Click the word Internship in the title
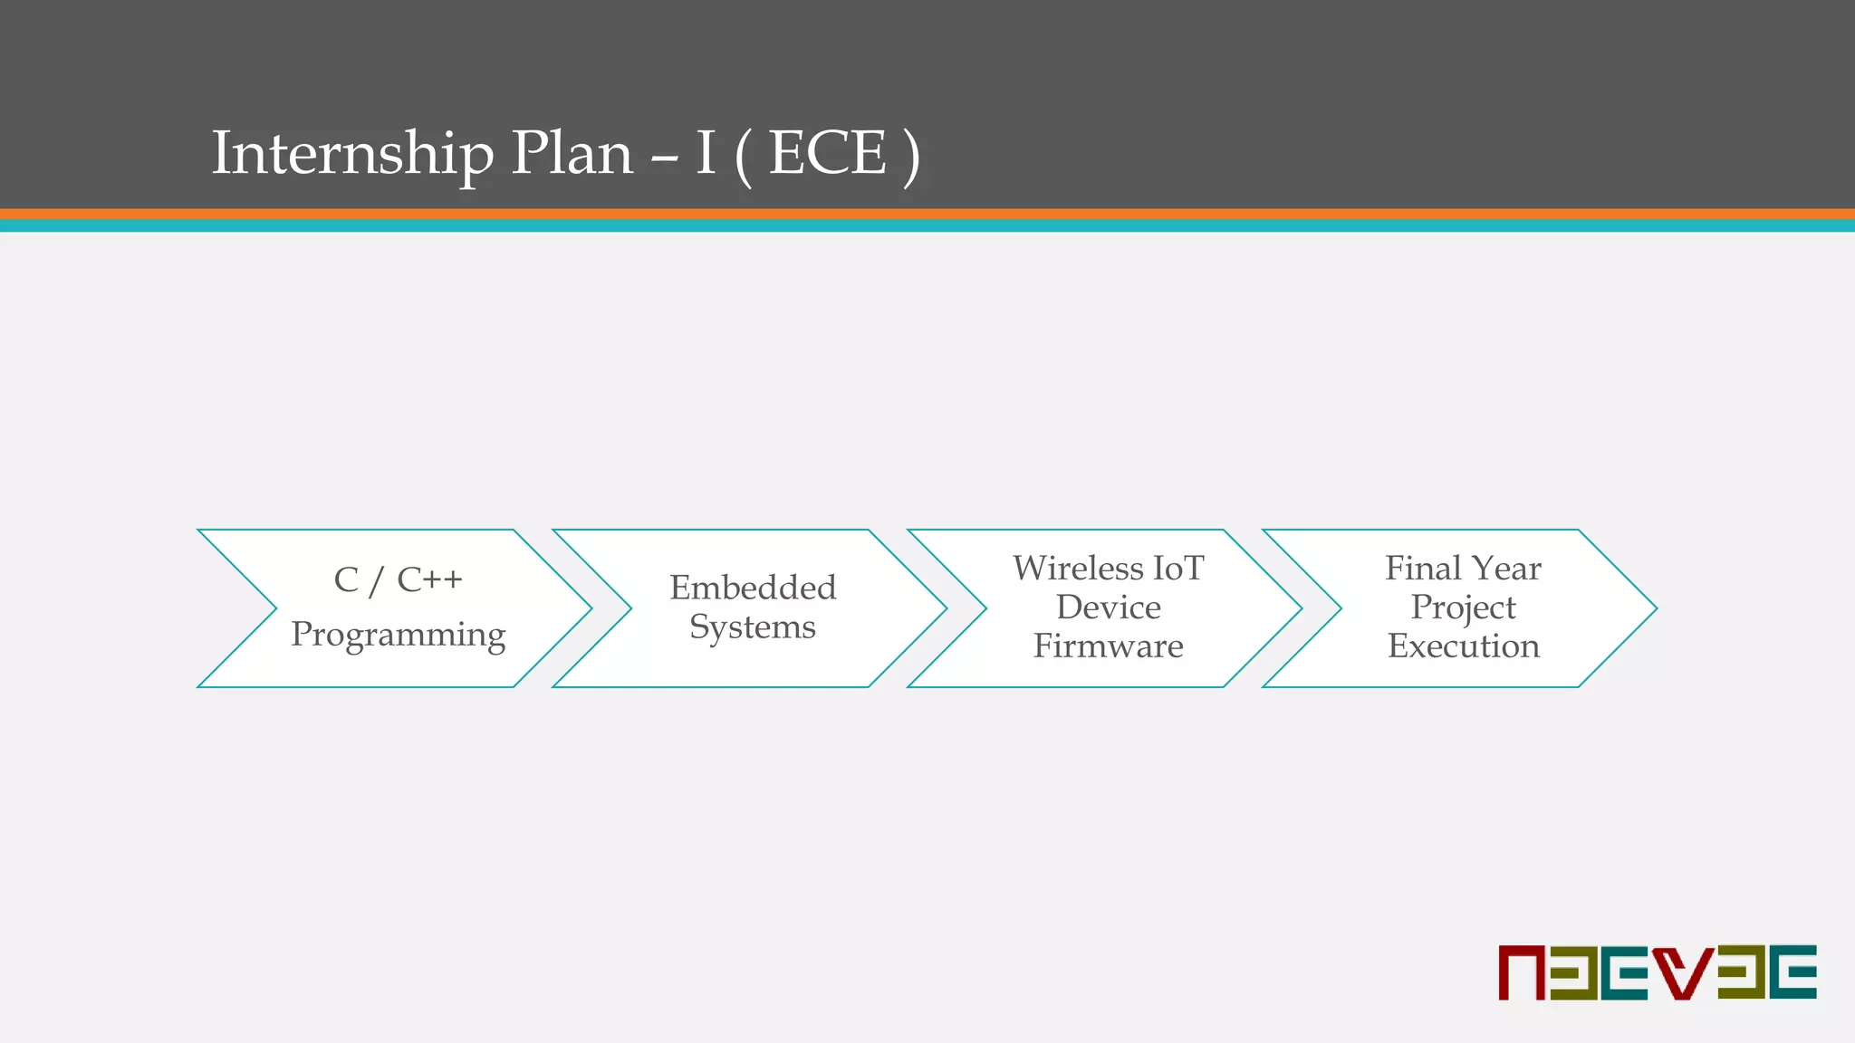point(353,153)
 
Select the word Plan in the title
point(572,153)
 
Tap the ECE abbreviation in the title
point(827,153)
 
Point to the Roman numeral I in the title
point(706,153)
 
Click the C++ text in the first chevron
point(429,579)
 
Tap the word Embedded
point(753,588)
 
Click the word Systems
point(753,627)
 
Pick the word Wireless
point(1078,569)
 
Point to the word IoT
point(1177,569)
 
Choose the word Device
point(1108,608)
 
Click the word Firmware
point(1108,646)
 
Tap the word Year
point(1507,569)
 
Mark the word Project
point(1463,608)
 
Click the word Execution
point(1463,646)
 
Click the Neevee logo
point(1657,972)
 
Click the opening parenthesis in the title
point(744,155)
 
